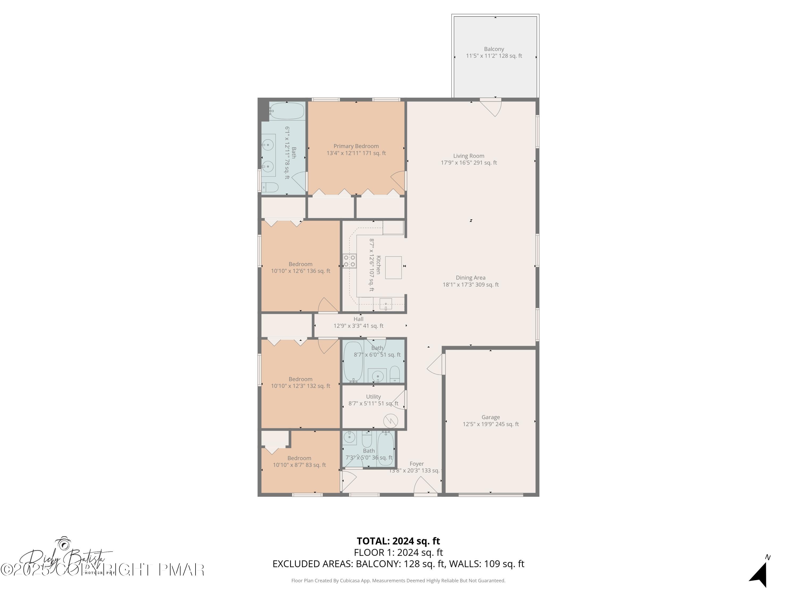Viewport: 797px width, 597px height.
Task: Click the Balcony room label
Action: [494, 49]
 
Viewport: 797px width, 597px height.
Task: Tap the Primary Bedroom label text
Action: [356, 146]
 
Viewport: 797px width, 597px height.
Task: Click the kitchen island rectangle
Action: [393, 267]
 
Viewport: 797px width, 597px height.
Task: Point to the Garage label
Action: [490, 417]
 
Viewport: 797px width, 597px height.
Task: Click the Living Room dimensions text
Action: [468, 163]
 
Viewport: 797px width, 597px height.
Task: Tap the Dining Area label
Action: [470, 278]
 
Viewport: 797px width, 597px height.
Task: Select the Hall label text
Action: [358, 319]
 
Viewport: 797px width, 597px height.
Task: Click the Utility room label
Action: [373, 397]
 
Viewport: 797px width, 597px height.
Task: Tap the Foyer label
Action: [417, 464]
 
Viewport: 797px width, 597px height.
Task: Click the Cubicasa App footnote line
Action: [398, 581]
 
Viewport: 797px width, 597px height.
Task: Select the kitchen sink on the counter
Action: [385, 304]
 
